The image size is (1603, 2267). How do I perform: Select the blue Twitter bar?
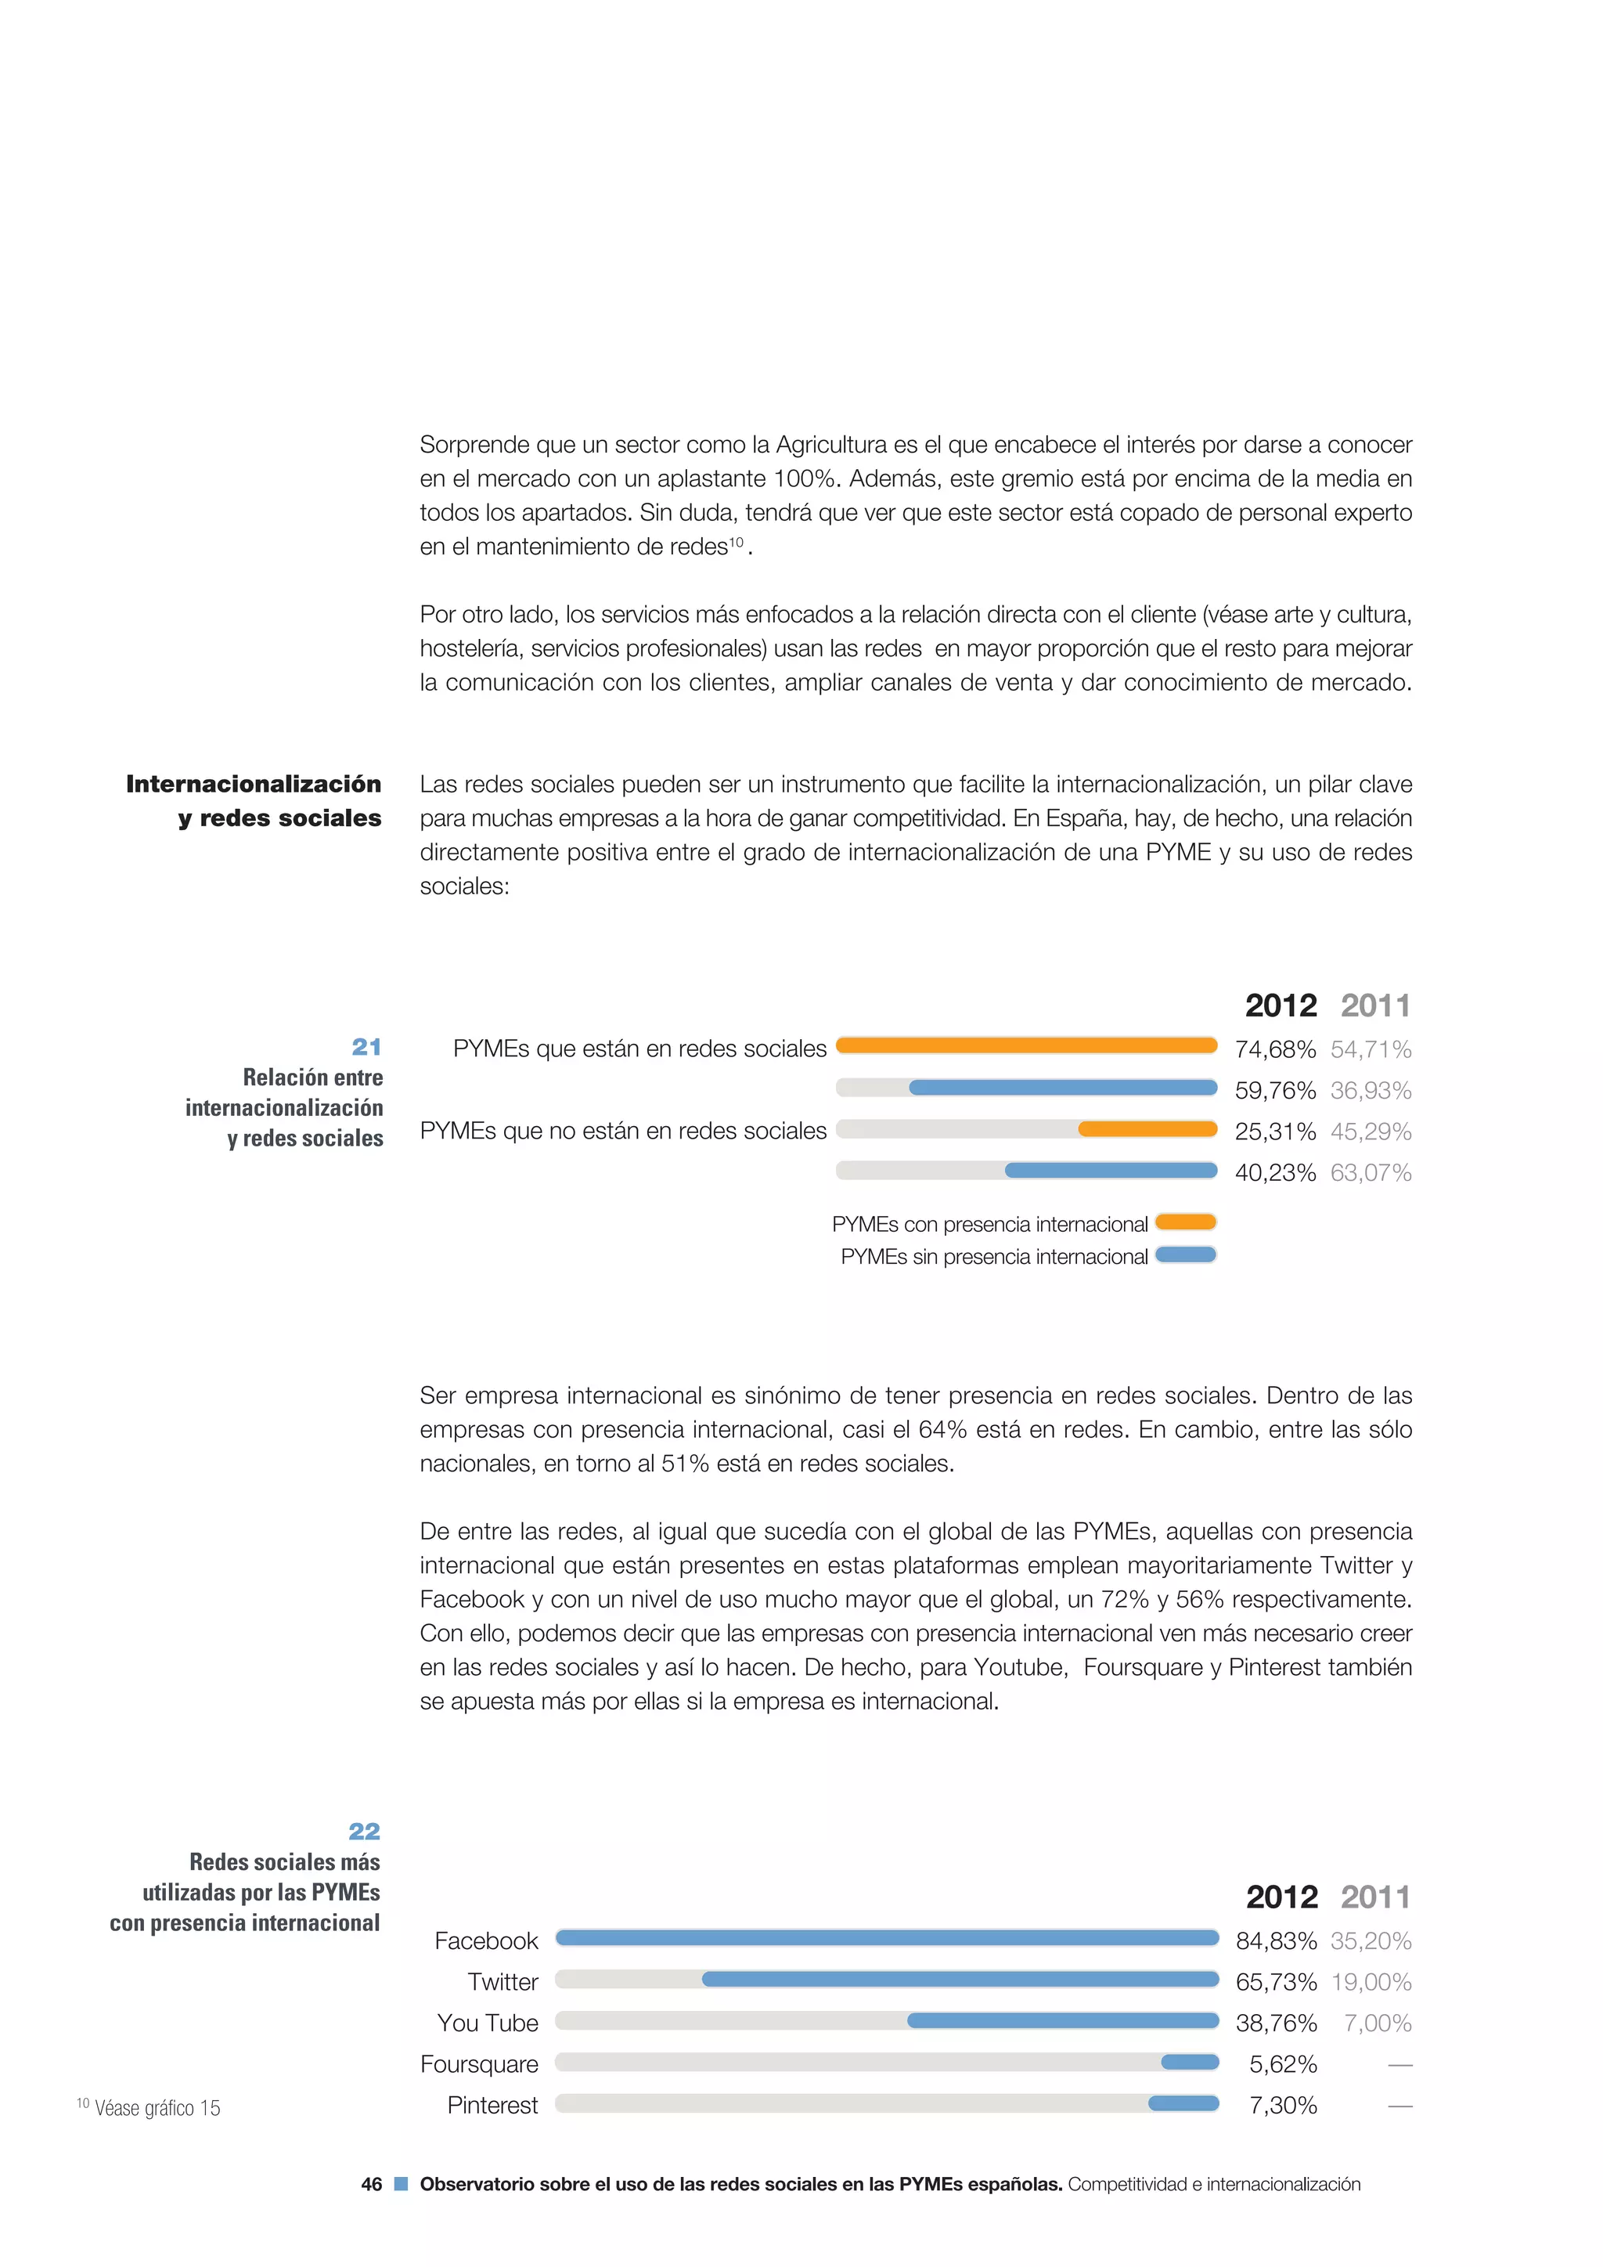pos(960,1979)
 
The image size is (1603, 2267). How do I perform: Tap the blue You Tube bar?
pos(1062,2020)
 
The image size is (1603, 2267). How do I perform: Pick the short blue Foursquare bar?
pos(1190,2062)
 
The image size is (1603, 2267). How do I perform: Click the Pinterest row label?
pos(492,2105)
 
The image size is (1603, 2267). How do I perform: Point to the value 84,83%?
pos(1275,1941)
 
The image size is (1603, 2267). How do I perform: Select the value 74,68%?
pos(1274,1049)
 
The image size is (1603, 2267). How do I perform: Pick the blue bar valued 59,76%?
pos(1062,1087)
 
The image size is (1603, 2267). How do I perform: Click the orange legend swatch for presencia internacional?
pos(1186,1222)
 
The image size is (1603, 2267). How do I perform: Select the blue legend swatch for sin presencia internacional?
pos(1186,1255)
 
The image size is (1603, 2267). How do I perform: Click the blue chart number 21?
pos(366,1047)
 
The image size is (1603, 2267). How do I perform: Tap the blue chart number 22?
pos(364,1832)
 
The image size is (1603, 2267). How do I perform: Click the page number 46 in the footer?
pos(371,2184)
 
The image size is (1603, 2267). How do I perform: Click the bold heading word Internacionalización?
pos(254,784)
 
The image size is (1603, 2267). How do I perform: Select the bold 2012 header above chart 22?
pos(1281,1897)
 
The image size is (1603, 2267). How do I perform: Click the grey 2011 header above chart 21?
pos(1375,1005)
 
